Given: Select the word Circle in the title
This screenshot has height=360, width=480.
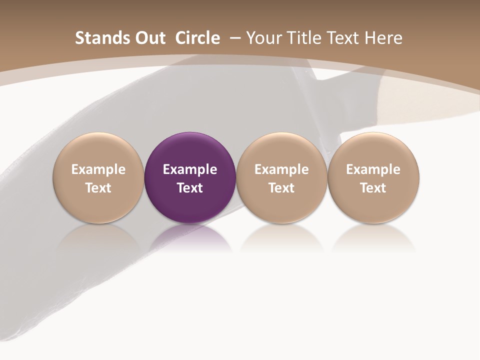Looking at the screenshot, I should pos(197,38).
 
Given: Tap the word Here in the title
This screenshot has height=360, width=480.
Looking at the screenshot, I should pos(383,38).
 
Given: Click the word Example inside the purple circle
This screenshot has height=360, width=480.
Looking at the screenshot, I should pos(190,169).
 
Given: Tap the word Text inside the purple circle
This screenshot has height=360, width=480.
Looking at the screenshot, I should pos(190,188).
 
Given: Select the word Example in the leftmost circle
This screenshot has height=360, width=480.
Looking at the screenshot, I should pos(98,169).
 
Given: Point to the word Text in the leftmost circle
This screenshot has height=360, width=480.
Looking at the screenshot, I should pos(98,188).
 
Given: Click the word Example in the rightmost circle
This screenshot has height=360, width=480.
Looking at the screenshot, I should pos(373,169).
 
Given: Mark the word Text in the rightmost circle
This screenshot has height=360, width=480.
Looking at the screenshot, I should pos(373,188).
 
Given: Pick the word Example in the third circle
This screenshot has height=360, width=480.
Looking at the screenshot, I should pos(281,169).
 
